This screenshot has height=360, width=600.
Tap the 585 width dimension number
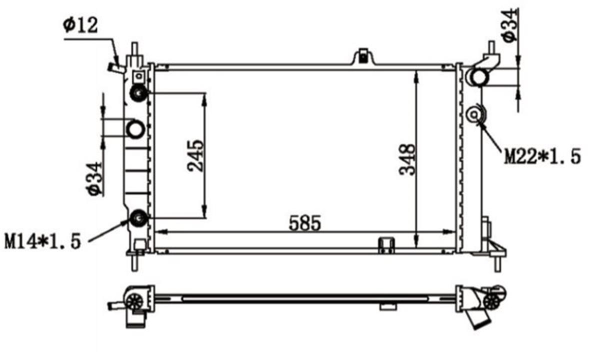click(304, 223)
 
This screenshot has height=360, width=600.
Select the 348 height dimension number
click(407, 159)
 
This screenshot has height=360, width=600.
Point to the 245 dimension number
click(195, 155)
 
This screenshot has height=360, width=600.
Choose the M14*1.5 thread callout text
click(43, 241)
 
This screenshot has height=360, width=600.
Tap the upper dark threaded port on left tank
click(137, 92)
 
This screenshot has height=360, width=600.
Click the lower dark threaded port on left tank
click(137, 218)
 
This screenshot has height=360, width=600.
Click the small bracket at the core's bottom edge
click(386, 244)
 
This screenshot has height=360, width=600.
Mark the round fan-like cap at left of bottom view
click(134, 300)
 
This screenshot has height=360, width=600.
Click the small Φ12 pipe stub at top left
click(115, 67)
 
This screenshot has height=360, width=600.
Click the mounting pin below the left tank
click(134, 262)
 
